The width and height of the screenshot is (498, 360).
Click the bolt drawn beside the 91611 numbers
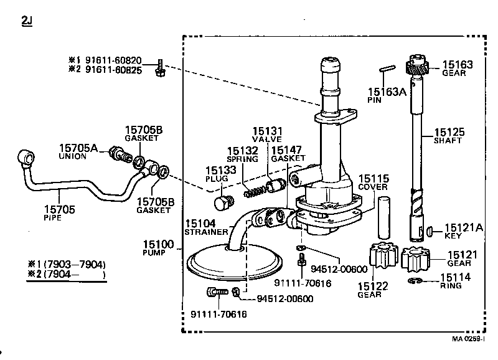(x=159, y=68)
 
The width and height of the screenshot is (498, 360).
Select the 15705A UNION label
(x=78, y=151)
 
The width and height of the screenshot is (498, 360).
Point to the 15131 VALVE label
(x=267, y=135)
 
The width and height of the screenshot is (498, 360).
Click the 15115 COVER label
(x=374, y=182)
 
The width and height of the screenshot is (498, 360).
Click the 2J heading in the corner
(x=27, y=22)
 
